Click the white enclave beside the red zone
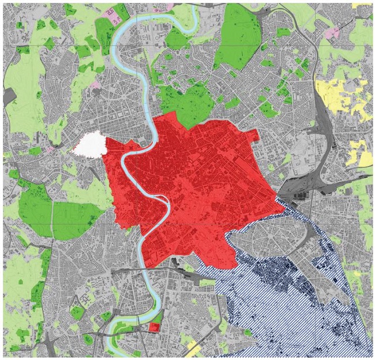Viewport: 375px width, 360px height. pyautogui.click(x=89, y=144)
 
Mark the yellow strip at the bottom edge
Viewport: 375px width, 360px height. pyautogui.click(x=193, y=348)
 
